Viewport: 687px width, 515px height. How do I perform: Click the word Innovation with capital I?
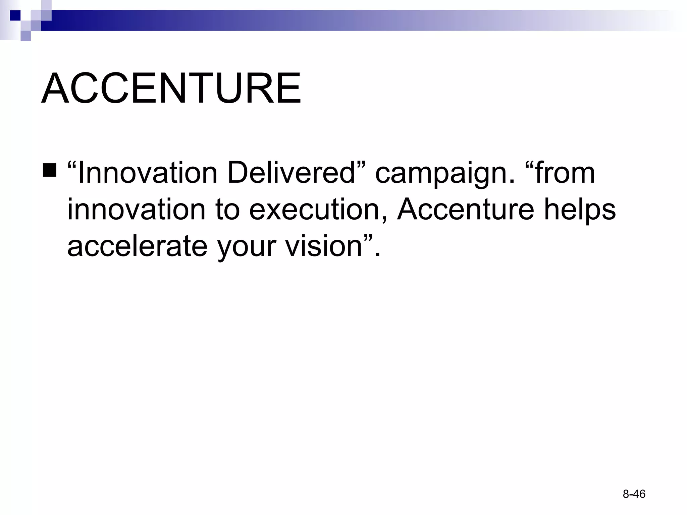147,173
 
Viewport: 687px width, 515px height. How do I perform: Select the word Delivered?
290,173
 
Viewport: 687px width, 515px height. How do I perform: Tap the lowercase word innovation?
136,210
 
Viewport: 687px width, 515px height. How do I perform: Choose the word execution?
317,210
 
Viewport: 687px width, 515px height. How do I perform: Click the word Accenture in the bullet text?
466,210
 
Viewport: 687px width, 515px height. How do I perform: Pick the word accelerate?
137,246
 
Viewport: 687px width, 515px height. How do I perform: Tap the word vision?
323,246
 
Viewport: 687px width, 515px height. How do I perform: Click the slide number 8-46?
634,494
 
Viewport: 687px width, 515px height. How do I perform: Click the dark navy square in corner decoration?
15,15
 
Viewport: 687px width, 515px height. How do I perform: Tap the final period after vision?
377,255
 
